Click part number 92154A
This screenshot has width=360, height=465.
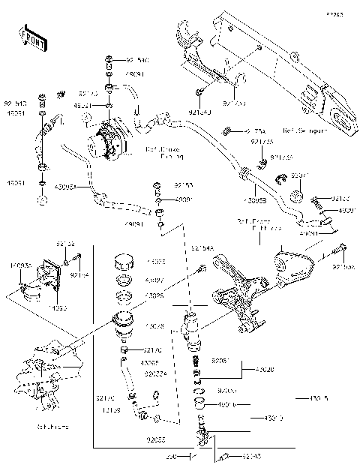pyautogui.click(x=202, y=248)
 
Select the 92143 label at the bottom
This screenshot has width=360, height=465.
pyautogui.click(x=253, y=456)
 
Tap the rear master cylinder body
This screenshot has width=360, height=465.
pyautogui.click(x=192, y=329)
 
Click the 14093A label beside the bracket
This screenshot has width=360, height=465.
pyautogui.click(x=20, y=265)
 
